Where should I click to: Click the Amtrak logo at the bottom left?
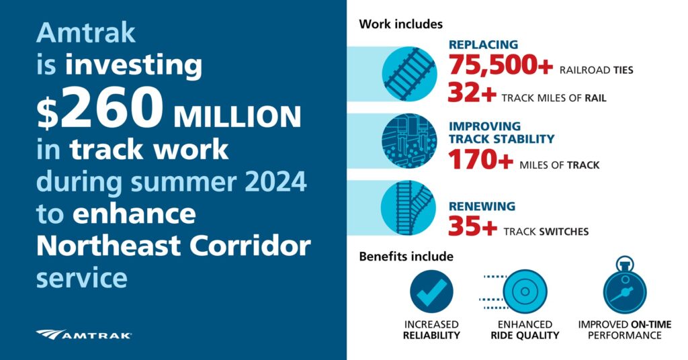84,334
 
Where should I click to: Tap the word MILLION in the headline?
237,117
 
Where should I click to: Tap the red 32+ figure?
472,94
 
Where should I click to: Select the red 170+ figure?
480,161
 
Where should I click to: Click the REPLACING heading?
483,45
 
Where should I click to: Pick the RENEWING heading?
482,206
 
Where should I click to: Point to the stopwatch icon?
624,287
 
